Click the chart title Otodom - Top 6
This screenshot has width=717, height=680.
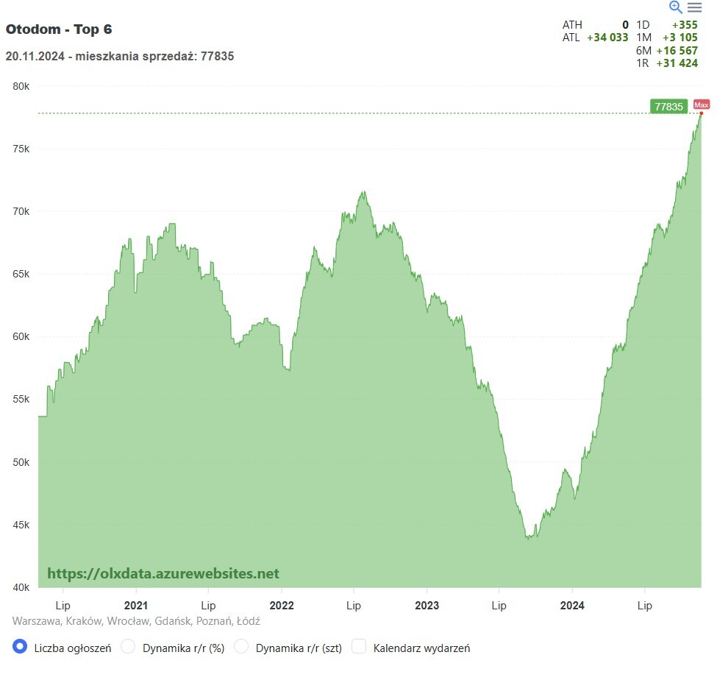[59, 29]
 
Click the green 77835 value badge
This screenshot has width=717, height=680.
[668, 107]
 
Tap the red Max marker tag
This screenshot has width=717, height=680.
[701, 105]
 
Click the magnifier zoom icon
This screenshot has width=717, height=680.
[676, 7]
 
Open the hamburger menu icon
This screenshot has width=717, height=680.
[694, 7]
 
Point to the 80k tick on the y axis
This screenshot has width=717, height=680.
[21, 86]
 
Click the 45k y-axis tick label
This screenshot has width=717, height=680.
[21, 525]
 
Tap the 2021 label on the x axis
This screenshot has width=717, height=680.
[135, 606]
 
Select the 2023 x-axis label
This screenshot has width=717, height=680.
[427, 606]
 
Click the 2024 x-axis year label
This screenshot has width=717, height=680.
[572, 606]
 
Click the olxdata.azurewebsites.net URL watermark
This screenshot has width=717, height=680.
[163, 573]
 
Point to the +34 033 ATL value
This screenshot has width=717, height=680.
[607, 38]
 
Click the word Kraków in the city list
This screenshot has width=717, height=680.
[82, 621]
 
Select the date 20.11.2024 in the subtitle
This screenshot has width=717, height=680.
[32, 56]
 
